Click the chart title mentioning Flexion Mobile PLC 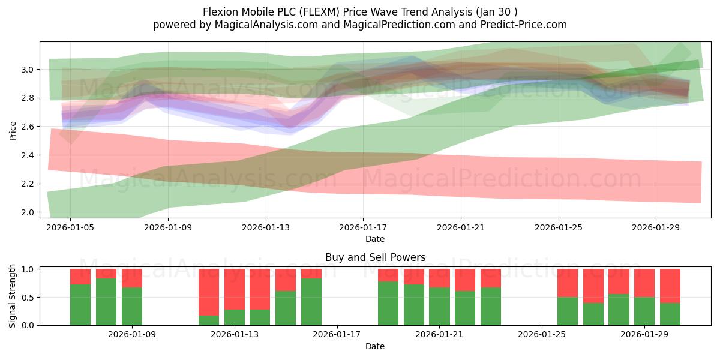coord(360,11)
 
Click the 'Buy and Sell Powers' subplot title coord(375,257)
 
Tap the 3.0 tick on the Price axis coord(28,70)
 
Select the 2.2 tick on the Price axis coord(28,184)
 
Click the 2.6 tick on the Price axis coord(28,127)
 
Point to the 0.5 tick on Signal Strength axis coord(28,298)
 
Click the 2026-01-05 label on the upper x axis coord(70,227)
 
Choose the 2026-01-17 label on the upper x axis coord(363,227)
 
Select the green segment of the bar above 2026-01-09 coord(132,306)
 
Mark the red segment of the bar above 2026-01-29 coord(644,282)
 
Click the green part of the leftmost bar coord(80,305)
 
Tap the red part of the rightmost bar coord(670,285)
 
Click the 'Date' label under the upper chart coord(375,239)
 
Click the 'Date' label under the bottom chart coord(375,346)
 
